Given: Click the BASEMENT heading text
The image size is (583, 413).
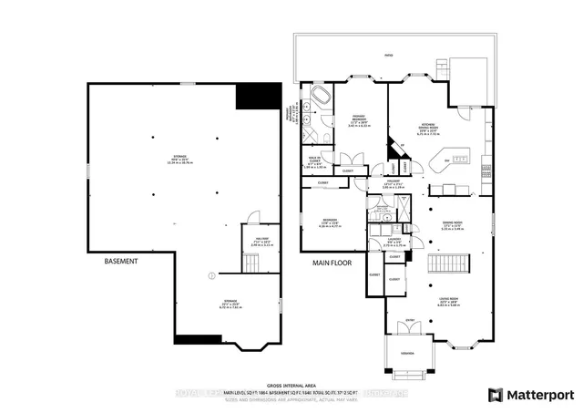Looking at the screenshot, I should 120,262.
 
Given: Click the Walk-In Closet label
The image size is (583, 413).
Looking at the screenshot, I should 314,161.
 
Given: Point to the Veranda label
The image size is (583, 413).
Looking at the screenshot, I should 406,354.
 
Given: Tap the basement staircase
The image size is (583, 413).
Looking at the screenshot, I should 250,263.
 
